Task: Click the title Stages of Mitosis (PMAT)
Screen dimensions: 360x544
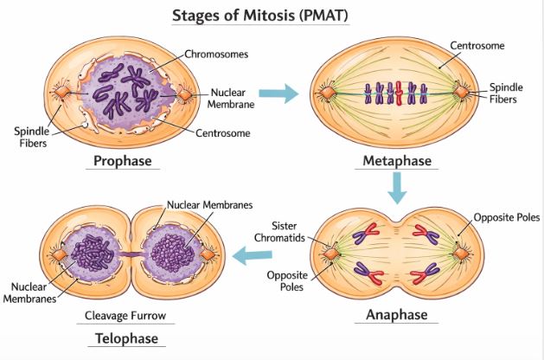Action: pyautogui.click(x=272, y=15)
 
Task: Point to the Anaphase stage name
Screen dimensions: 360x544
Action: pyautogui.click(x=397, y=314)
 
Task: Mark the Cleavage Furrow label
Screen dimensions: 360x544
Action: pyautogui.click(x=126, y=315)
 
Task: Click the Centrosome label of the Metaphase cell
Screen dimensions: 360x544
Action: pyautogui.click(x=480, y=44)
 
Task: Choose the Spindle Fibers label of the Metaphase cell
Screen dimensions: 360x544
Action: pyautogui.click(x=505, y=93)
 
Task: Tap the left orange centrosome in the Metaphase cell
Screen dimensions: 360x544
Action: pyautogui.click(x=329, y=92)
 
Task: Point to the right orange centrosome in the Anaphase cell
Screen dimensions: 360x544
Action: pyautogui.click(x=463, y=252)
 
